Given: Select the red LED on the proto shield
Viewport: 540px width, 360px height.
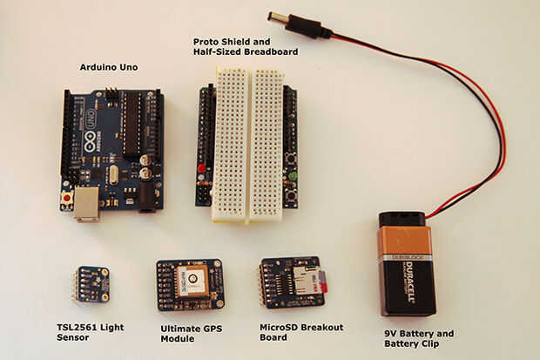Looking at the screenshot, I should point(202,167).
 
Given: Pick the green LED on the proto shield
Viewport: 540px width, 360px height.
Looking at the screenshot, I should point(293,175).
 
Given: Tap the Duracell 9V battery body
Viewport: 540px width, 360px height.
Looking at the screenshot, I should point(407,270).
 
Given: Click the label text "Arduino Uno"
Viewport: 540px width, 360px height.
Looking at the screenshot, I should point(109,67).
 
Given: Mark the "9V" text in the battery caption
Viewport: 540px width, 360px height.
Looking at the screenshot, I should point(391,333).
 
